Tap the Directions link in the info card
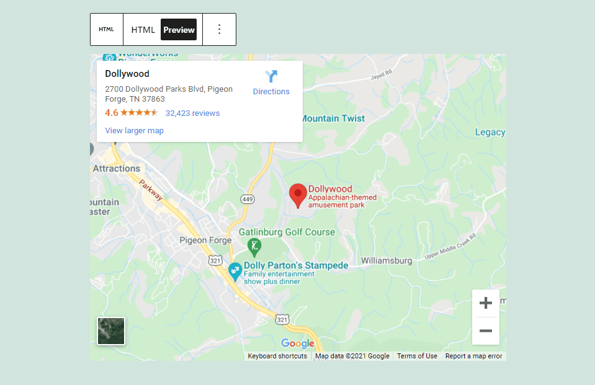pyautogui.click(x=271, y=83)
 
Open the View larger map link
pyautogui.click(x=134, y=131)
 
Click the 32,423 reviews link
pyautogui.click(x=192, y=113)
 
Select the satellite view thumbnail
pyautogui.click(x=111, y=331)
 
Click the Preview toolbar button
pyautogui.click(x=179, y=30)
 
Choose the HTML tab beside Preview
pyautogui.click(x=143, y=30)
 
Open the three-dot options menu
pyautogui.click(x=219, y=30)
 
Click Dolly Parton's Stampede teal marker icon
pyautogui.click(x=235, y=271)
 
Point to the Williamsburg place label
pyautogui.click(x=386, y=261)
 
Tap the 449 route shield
pyautogui.click(x=248, y=198)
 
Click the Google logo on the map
pyautogui.click(x=298, y=343)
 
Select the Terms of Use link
pyautogui.click(x=417, y=356)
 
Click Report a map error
pyautogui.click(x=473, y=356)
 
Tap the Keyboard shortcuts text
pyautogui.click(x=277, y=356)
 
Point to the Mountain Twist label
pyautogui.click(x=333, y=118)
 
